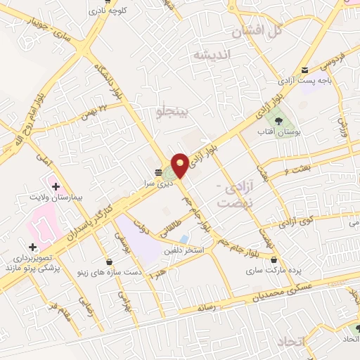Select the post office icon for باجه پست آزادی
tap(304, 70)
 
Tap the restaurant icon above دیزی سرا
tap(158, 171)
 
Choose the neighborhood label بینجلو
tap(172, 110)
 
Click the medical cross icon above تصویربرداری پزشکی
tap(32, 247)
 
